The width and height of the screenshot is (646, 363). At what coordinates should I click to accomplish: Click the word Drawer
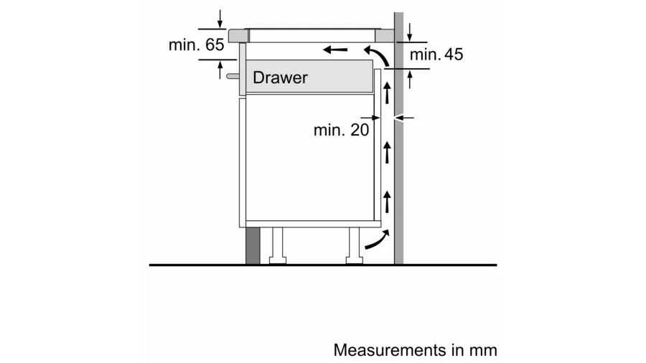click(280, 77)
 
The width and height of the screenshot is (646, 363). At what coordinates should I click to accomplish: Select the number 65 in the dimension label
click(214, 44)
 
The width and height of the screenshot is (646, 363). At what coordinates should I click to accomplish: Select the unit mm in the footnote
click(484, 350)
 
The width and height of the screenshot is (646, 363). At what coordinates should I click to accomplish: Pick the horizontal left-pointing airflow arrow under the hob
click(336, 49)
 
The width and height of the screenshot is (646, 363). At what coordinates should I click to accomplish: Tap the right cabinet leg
click(353, 246)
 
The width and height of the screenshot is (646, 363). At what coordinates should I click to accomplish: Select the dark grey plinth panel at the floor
click(252, 246)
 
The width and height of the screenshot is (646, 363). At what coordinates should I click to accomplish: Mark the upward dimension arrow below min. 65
click(220, 67)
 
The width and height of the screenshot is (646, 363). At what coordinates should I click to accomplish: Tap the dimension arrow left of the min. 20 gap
click(370, 117)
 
